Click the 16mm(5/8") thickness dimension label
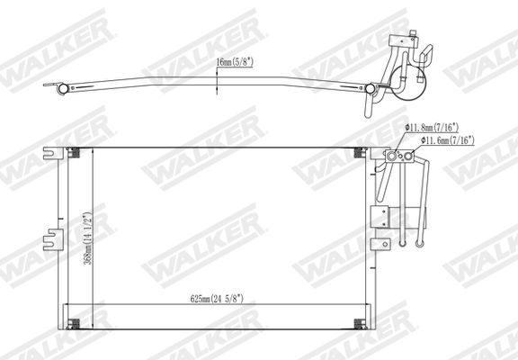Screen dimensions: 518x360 pos(235,62)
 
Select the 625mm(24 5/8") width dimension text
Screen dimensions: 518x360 pos(217,299)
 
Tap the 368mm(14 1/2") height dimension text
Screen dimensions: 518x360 pos(87,238)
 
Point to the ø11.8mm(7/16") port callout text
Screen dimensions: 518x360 pos(432,127)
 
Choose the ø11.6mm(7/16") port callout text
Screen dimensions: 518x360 pos(448,140)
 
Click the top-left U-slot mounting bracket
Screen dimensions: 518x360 pos(53,153)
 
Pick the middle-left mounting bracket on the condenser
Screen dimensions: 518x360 pos(52,239)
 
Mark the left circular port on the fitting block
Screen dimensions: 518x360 pos(392,156)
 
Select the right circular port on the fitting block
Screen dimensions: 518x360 pos(408,156)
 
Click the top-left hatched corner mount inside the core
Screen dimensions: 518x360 pos(74,153)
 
